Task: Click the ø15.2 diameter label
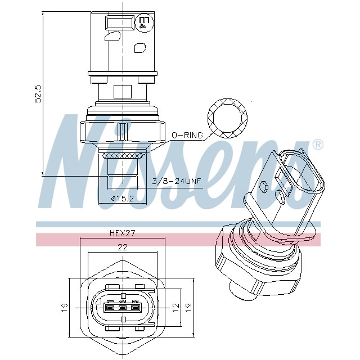(122, 199)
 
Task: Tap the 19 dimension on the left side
(65, 307)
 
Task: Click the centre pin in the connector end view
(122, 308)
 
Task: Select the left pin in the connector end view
(109, 308)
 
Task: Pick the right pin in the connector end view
(135, 308)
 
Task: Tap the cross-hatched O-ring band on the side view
(123, 152)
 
